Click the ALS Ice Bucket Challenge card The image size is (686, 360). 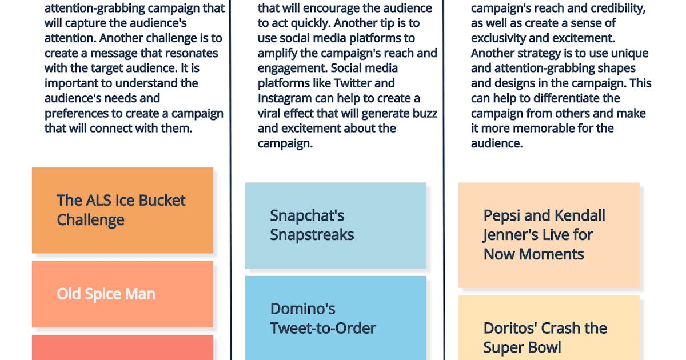[x=122, y=210]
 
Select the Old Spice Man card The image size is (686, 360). [x=122, y=294]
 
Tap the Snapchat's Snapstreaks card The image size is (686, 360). [x=336, y=225]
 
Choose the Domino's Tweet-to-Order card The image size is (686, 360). [x=336, y=318]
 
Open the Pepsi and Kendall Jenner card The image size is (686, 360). [x=549, y=235]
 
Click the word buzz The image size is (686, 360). [x=422, y=113]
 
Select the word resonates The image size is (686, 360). [x=190, y=53]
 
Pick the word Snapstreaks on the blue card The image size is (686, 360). [x=312, y=235]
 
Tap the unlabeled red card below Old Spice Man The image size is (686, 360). [x=122, y=347]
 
